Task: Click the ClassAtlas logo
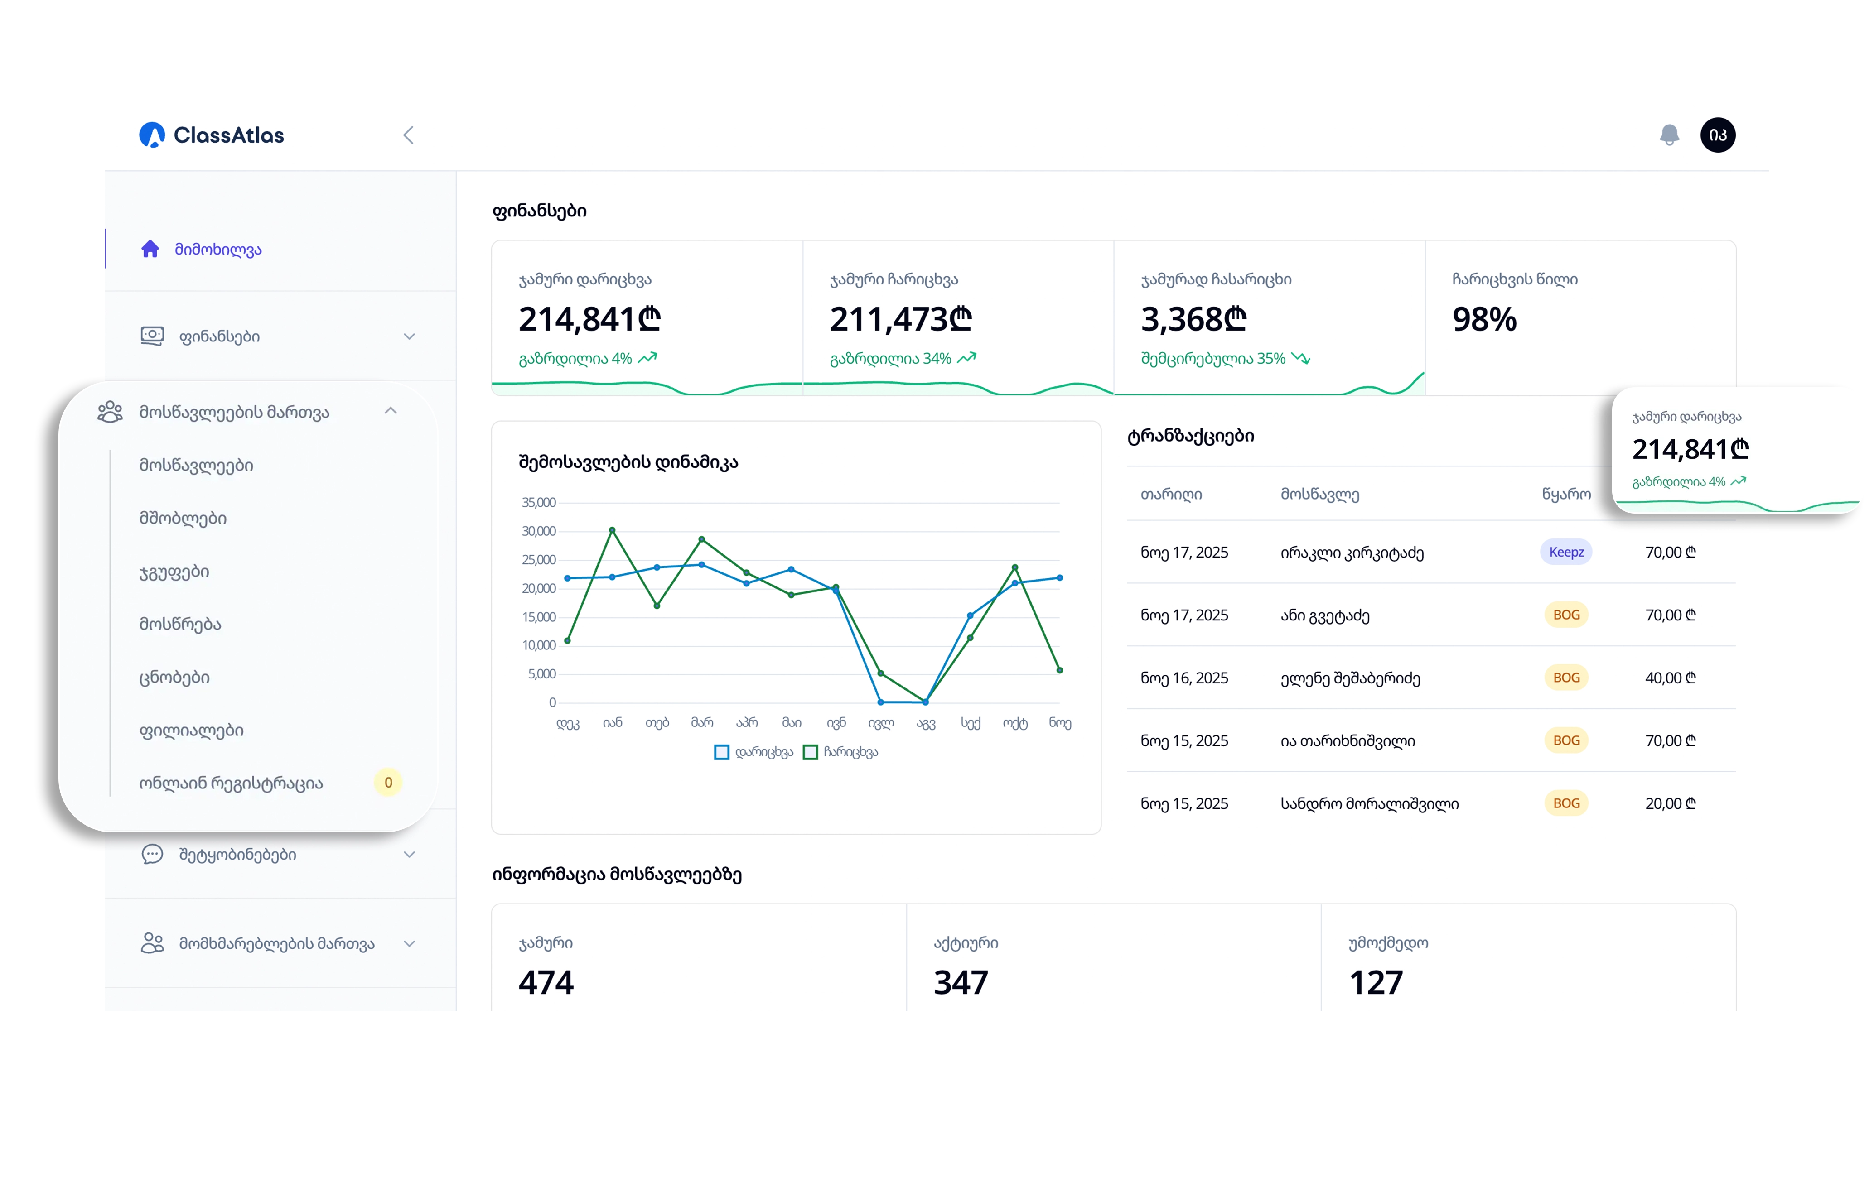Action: click(212, 135)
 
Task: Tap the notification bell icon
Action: click(1669, 135)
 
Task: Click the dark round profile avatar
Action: click(1718, 135)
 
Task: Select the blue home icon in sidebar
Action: click(150, 249)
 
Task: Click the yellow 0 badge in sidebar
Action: click(388, 783)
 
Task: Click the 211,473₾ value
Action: click(900, 319)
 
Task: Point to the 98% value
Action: click(1484, 319)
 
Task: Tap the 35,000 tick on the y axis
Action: click(539, 503)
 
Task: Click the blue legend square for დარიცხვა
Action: click(721, 752)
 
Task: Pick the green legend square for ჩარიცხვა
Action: click(810, 752)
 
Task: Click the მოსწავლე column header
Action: click(1320, 494)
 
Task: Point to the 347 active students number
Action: click(961, 983)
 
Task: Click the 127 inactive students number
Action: click(1376, 983)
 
